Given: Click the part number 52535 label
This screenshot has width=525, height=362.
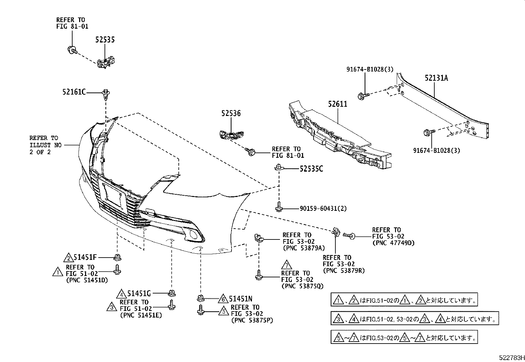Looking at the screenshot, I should [105, 40].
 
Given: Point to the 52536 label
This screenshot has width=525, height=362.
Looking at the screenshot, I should [231, 114].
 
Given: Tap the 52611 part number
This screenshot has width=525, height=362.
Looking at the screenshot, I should [337, 104].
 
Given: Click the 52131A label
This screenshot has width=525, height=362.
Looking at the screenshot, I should [436, 78].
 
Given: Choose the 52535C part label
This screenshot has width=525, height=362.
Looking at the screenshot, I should [311, 169].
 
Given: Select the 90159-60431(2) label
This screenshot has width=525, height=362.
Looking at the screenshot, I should [323, 209].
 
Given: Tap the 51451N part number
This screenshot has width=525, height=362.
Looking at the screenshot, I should [240, 299].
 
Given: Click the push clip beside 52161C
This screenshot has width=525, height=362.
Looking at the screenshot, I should [106, 94].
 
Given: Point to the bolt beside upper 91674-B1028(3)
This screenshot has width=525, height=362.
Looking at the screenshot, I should [361, 96].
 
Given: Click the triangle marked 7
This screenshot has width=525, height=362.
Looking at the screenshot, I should [287, 265].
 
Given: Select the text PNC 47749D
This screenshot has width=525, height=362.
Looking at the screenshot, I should [393, 243].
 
